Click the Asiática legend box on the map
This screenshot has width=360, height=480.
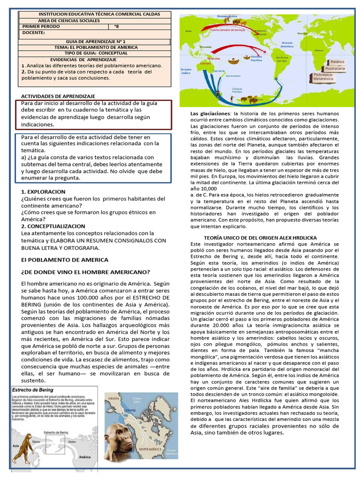(337, 61)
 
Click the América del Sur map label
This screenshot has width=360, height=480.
(282, 59)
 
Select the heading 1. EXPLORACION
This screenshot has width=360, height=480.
(44, 192)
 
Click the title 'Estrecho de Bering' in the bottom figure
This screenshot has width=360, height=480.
(33, 390)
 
